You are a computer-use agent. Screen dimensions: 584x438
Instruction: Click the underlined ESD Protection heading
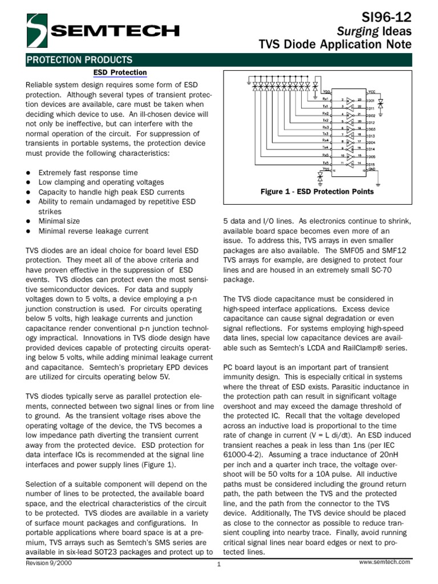point(120,72)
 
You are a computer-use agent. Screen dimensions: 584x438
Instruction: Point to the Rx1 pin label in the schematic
point(326,98)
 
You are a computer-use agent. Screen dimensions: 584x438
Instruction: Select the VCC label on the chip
point(371,91)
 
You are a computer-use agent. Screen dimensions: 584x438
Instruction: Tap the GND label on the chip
point(371,169)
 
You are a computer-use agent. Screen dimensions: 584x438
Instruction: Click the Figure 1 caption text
point(317,192)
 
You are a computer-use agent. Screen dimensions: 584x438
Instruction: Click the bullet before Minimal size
point(29,221)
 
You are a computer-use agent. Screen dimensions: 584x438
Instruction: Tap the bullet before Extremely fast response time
point(29,173)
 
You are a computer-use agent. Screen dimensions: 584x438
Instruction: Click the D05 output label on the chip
point(371,156)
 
